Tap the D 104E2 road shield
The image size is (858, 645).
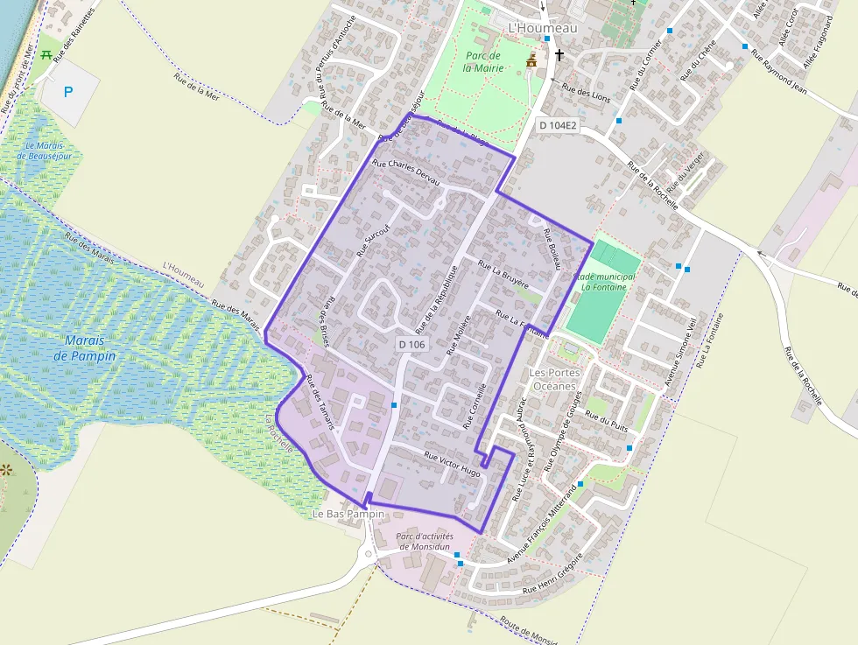point(558,126)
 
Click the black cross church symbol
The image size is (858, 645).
point(558,55)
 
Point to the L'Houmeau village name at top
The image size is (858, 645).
point(543,29)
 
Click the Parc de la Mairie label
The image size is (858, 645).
point(482,60)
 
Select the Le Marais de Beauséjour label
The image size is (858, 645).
point(43,151)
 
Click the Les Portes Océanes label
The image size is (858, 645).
point(553,379)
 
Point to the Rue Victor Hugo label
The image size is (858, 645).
point(453,463)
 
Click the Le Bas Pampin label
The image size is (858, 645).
point(348,514)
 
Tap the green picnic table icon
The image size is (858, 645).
point(46,53)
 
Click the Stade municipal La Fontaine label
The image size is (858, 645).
point(604,281)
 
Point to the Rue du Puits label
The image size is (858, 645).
point(609,422)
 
